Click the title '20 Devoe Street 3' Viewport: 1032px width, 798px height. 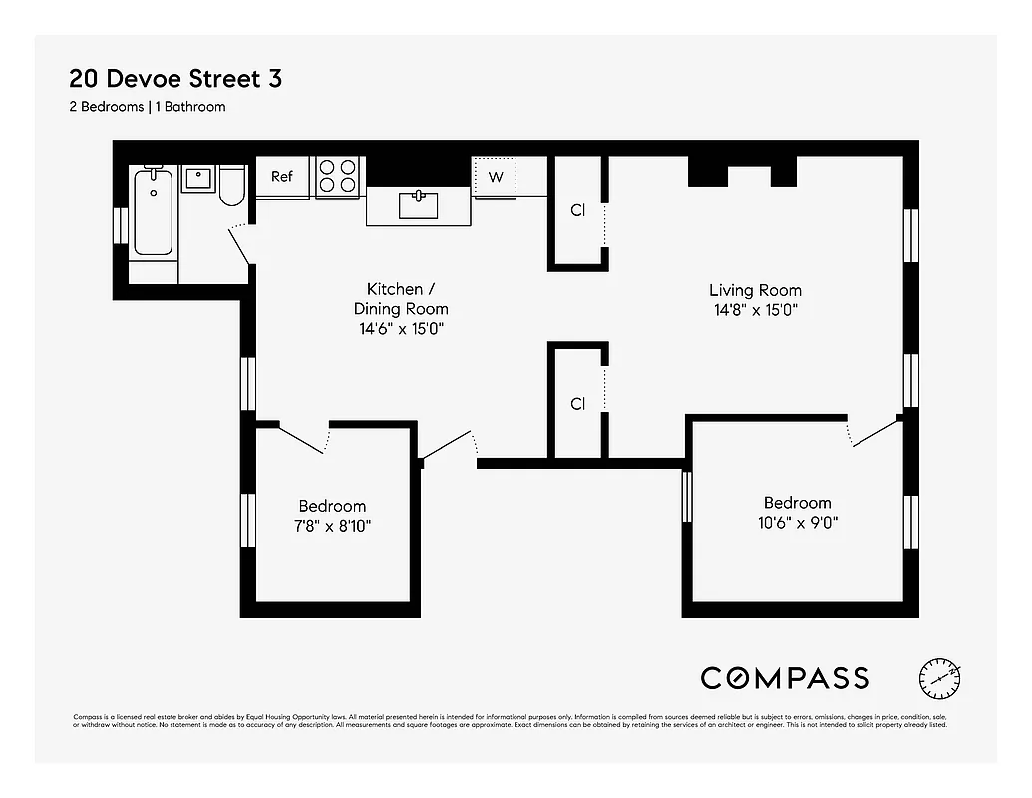[174, 78]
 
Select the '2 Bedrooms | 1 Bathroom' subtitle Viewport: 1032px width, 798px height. [147, 106]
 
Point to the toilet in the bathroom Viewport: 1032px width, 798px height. [232, 185]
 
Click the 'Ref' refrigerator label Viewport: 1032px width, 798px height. [282, 177]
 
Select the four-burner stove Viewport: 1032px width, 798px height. [338, 177]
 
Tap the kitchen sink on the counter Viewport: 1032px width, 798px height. [418, 205]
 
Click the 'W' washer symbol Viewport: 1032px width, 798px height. [496, 177]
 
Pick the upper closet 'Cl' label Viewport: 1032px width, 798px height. [577, 210]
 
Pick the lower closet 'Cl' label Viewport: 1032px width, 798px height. [577, 404]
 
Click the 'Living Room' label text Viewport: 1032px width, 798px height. [755, 290]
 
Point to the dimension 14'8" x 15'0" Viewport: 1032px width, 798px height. [755, 310]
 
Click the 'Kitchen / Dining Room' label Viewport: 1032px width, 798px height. [401, 298]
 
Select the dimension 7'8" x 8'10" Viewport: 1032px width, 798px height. [332, 526]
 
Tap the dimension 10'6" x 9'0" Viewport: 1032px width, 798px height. [797, 522]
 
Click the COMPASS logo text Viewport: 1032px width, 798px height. [785, 678]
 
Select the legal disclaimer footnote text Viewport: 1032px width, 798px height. [510, 721]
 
